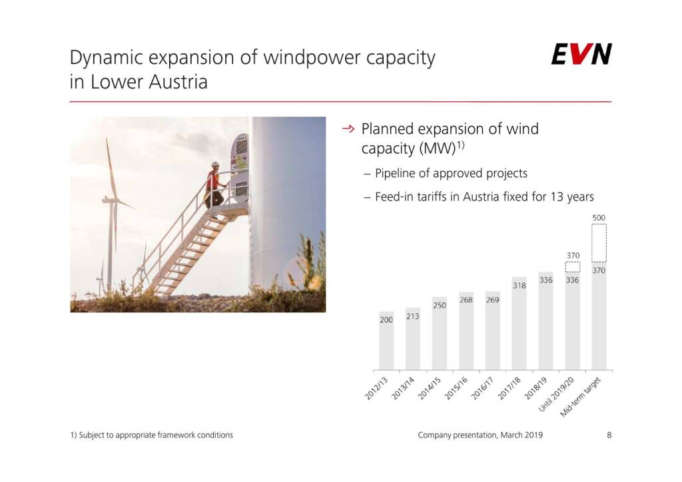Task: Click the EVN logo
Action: [581, 54]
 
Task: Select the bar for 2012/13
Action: [386, 341]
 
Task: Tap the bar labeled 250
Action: [440, 334]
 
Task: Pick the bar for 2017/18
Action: [519, 324]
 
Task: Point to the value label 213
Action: [413, 316]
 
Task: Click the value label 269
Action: [492, 300]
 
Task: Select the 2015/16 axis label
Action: [456, 388]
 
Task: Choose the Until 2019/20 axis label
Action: [557, 394]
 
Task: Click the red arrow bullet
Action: [348, 128]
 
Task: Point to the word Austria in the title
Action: [178, 82]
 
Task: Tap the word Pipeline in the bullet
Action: [394, 173]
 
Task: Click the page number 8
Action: [609, 435]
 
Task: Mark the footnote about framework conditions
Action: [152, 435]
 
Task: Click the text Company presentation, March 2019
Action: [480, 435]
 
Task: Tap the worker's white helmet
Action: [215, 164]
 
